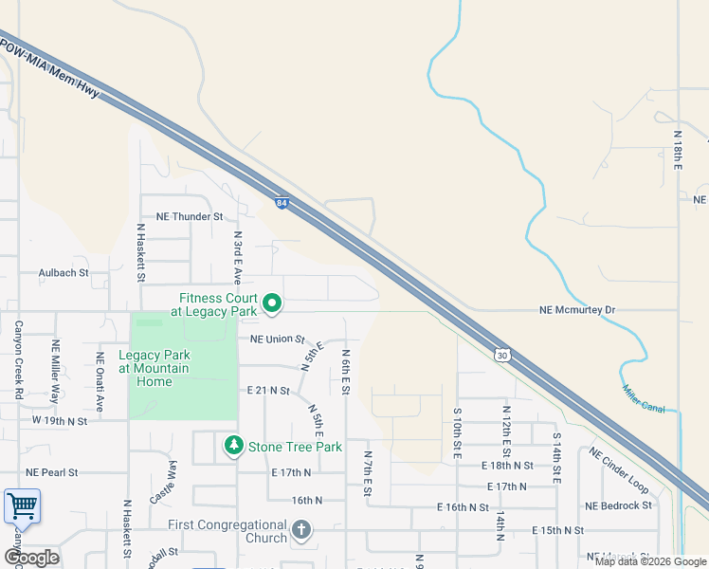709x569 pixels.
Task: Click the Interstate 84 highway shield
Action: (x=282, y=202)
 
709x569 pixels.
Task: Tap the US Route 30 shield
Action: (x=501, y=353)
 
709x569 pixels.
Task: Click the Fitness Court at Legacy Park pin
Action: (x=272, y=303)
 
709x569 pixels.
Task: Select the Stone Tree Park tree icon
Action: (x=232, y=445)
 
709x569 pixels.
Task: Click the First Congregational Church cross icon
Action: (x=301, y=530)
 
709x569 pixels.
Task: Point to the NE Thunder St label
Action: (x=182, y=216)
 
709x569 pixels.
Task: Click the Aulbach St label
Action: (x=63, y=272)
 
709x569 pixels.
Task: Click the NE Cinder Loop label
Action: (x=618, y=471)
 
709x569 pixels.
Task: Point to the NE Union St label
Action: (x=277, y=339)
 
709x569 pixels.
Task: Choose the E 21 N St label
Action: (x=267, y=390)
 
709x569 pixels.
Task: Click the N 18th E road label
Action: (x=679, y=151)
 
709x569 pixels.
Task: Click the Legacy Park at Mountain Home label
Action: (x=153, y=369)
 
